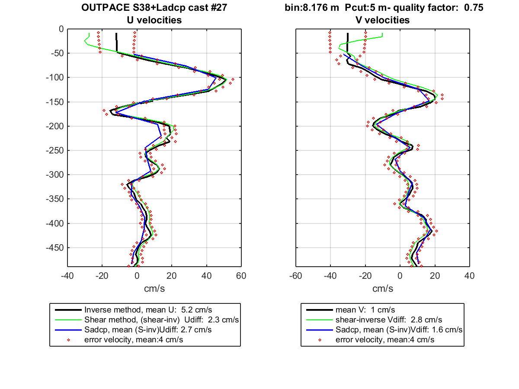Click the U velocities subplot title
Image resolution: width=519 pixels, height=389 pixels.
(154, 20)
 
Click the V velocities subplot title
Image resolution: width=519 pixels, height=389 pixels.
(382, 20)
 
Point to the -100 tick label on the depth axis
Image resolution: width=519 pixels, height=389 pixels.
(55, 77)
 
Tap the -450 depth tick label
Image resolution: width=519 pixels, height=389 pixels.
(55, 248)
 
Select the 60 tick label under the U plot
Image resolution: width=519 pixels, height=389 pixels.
(241, 276)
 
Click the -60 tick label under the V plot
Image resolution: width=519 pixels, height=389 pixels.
(295, 276)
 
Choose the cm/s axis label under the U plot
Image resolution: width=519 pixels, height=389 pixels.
(154, 289)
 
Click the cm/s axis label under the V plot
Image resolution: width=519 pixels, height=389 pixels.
(383, 289)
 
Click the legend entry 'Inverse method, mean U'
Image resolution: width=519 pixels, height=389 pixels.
(148, 309)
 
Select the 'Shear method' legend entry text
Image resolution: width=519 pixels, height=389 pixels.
(161, 319)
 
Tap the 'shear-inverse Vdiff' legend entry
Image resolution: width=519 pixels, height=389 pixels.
(388, 319)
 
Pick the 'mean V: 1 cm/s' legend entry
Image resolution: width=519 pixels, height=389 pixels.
(365, 309)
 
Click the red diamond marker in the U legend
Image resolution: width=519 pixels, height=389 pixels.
(69, 340)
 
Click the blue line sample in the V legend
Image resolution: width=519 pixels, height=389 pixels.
(320, 330)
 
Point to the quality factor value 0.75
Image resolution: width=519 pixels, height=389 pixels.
(474, 7)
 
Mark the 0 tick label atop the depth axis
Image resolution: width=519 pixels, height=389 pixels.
(61, 29)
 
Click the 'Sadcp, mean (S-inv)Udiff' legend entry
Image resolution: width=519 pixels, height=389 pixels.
(148, 330)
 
